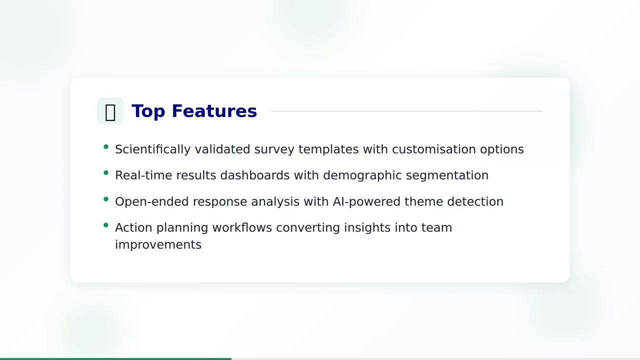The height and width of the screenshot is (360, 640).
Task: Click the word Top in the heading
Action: point(148,111)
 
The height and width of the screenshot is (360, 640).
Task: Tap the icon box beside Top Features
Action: point(110,111)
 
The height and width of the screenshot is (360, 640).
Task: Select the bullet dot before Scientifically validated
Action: point(106,147)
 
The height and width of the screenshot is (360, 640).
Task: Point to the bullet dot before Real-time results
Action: point(106,173)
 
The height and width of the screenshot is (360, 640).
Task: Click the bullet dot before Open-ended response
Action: point(106,199)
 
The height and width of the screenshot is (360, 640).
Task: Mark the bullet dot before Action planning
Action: point(106,225)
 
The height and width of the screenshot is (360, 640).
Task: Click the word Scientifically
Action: point(152,149)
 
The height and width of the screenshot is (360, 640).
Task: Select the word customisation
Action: point(433,149)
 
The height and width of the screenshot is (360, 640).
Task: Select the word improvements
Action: point(158,244)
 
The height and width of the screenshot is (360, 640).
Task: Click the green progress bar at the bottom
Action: point(115,358)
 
